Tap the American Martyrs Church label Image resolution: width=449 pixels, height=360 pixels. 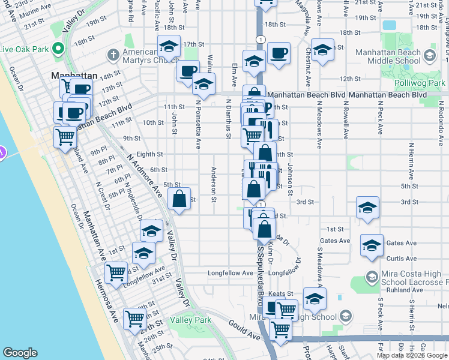click(148, 57)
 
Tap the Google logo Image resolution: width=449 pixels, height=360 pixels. click(20, 353)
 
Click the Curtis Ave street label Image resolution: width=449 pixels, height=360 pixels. click(402, 259)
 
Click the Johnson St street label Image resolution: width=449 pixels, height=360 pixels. click(289, 179)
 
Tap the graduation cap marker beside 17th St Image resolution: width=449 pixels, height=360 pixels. click(169, 46)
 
